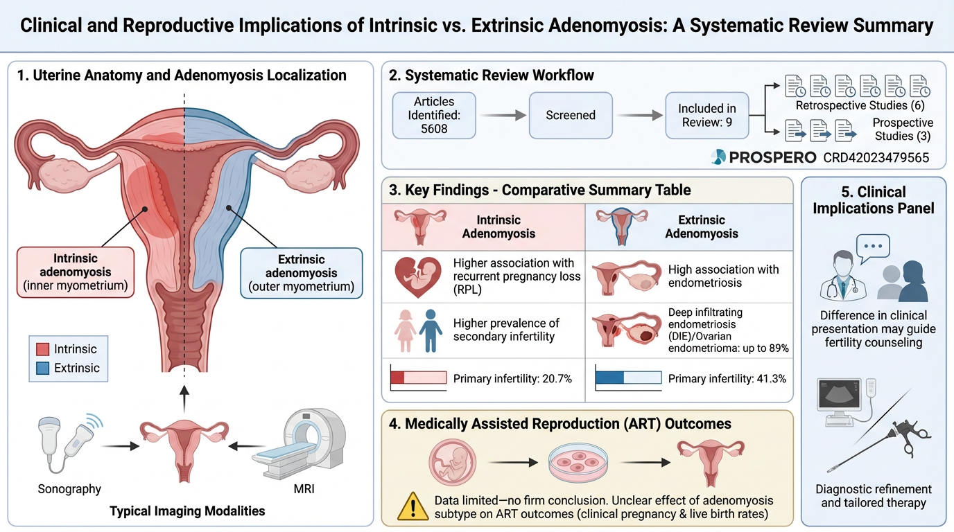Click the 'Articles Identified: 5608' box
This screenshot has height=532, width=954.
pyautogui.click(x=435, y=115)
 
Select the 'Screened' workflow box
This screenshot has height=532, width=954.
pyautogui.click(x=571, y=115)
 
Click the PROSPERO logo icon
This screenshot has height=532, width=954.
pyautogui.click(x=718, y=157)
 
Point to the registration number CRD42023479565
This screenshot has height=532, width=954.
pyautogui.click(x=876, y=157)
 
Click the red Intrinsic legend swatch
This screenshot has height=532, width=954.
pyautogui.click(x=42, y=349)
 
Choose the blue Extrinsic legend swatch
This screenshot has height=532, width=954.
pyautogui.click(x=42, y=369)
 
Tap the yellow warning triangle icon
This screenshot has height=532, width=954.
pyautogui.click(x=413, y=506)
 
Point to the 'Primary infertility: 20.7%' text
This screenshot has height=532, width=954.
pyautogui.click(x=512, y=379)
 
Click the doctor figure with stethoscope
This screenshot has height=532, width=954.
pyautogui.click(x=839, y=277)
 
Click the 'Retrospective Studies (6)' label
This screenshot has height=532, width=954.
pyautogui.click(x=860, y=105)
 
